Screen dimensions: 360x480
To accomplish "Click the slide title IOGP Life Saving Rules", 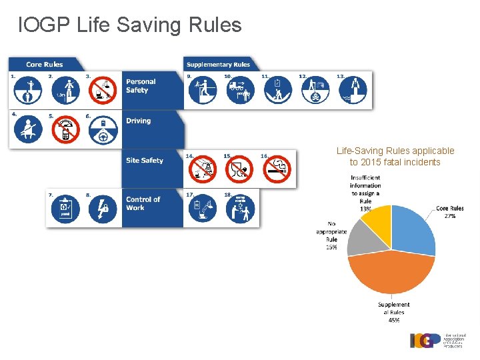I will click(130, 25).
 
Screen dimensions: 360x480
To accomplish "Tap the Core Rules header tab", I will click(44, 64).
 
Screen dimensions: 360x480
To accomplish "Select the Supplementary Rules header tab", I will click(218, 64).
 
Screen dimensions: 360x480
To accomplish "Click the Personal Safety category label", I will click(141, 86).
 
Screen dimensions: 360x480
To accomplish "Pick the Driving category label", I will click(138, 121).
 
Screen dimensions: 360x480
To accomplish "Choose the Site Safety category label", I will click(145, 160).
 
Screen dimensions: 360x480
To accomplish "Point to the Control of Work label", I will click(143, 203).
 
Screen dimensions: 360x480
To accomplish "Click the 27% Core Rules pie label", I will click(450, 213).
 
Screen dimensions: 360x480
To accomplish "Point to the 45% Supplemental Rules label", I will click(394, 312).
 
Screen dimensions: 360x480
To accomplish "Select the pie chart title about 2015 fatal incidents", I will click(395, 157).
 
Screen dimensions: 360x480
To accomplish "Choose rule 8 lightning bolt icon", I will click(103, 209).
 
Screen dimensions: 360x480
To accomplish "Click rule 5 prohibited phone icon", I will click(66, 130).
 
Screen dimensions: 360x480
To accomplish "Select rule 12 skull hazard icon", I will click(314, 91).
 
